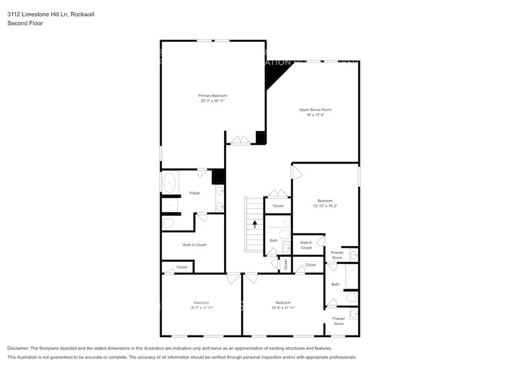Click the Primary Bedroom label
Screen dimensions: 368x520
(x=213, y=95)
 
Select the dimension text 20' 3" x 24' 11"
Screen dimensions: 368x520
(x=213, y=101)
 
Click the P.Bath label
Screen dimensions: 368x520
(x=195, y=193)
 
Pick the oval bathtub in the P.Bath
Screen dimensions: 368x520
(x=169, y=184)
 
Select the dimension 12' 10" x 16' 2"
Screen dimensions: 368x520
(x=325, y=206)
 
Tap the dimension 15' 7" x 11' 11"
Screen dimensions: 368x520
(x=201, y=308)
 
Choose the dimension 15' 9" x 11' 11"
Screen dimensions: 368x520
(x=283, y=308)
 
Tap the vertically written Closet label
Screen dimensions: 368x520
(x=285, y=265)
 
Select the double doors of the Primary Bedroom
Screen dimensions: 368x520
(x=238, y=141)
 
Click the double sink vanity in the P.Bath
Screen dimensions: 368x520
(x=220, y=197)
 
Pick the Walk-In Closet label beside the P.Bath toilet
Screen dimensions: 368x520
(x=194, y=245)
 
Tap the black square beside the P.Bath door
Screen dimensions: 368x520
(x=218, y=176)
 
